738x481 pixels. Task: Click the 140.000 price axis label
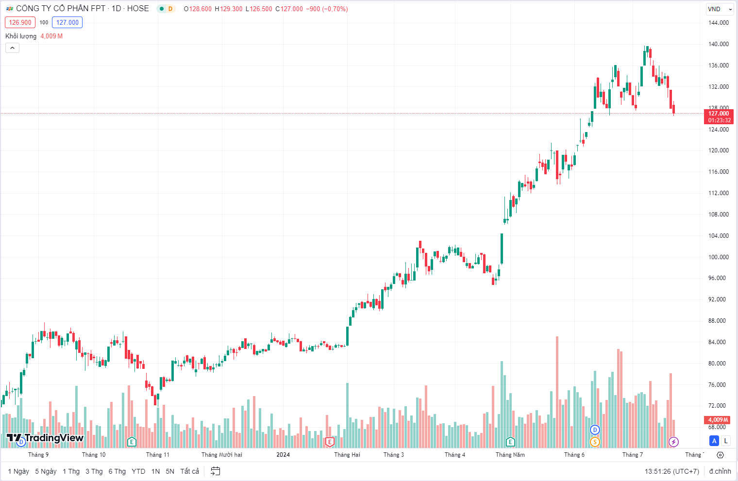coord(718,44)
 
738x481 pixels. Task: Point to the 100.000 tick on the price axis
coord(718,257)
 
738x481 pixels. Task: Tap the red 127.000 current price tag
coord(719,116)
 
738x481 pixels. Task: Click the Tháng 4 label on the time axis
coord(454,455)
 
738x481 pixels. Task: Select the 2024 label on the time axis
coord(283,455)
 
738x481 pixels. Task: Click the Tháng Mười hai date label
coord(221,455)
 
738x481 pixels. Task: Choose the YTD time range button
coord(138,471)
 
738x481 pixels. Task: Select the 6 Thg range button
coord(117,471)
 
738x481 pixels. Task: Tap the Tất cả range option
coord(189,471)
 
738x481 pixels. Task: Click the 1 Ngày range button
coord(18,471)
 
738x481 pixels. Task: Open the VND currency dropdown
coord(719,9)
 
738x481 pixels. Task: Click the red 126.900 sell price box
coord(20,22)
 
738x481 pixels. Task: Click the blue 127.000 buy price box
coord(67,22)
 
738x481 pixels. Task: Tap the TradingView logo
coord(45,438)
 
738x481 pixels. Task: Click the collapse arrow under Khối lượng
coord(12,48)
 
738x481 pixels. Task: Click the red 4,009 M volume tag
coord(718,420)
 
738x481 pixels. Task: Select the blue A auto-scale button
coord(714,441)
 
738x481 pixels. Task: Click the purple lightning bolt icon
coord(673,442)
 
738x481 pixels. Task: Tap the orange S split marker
coord(595,442)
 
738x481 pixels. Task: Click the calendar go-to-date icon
coord(216,471)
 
